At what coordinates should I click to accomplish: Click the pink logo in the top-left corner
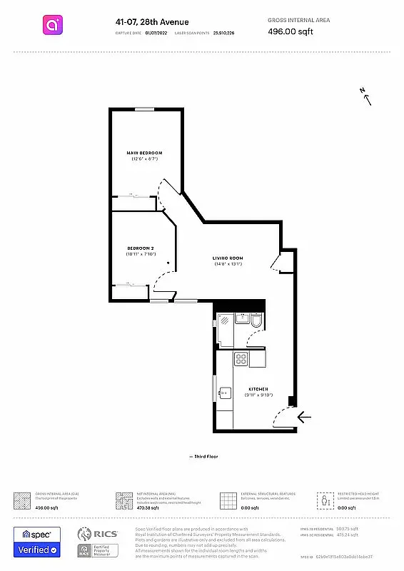51,26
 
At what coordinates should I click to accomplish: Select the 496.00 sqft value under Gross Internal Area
290,31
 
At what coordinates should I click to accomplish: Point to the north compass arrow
368,97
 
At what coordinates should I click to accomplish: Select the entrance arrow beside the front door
305,417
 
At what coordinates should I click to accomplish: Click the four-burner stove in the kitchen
241,359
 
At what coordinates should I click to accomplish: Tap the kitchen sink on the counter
226,391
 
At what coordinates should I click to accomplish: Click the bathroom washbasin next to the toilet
241,319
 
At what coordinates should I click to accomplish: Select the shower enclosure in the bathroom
225,328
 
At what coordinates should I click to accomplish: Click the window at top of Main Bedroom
145,109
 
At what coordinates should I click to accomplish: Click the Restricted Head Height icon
325,500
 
